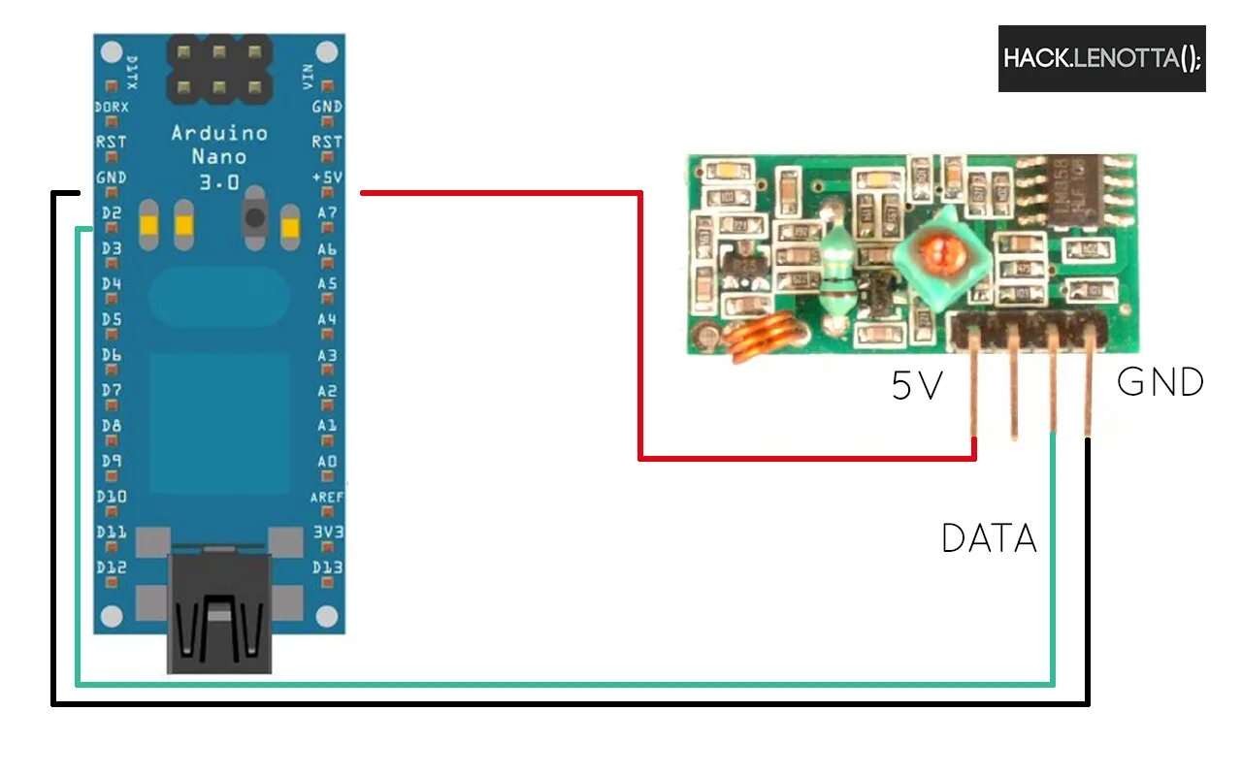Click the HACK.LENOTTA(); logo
click(1101, 59)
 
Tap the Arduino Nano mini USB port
click(219, 611)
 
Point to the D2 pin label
click(111, 213)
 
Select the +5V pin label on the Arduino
click(326, 178)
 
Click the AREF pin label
click(327, 497)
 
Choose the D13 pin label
click(327, 567)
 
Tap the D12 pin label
click(111, 567)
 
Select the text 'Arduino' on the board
click(219, 134)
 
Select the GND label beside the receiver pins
click(1160, 382)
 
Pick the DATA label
click(989, 538)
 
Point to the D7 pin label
click(111, 391)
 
